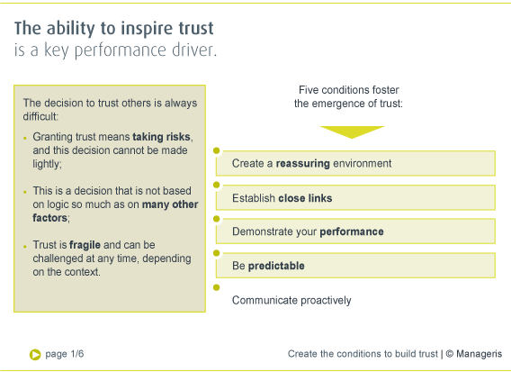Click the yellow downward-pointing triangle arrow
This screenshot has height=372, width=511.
352,132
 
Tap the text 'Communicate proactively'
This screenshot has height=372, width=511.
291,300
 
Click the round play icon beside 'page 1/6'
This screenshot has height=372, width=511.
34,354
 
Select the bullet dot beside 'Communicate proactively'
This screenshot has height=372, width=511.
217,288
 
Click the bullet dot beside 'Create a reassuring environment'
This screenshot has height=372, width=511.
217,151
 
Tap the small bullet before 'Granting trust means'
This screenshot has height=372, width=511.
25,138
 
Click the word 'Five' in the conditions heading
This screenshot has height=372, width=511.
311,90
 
